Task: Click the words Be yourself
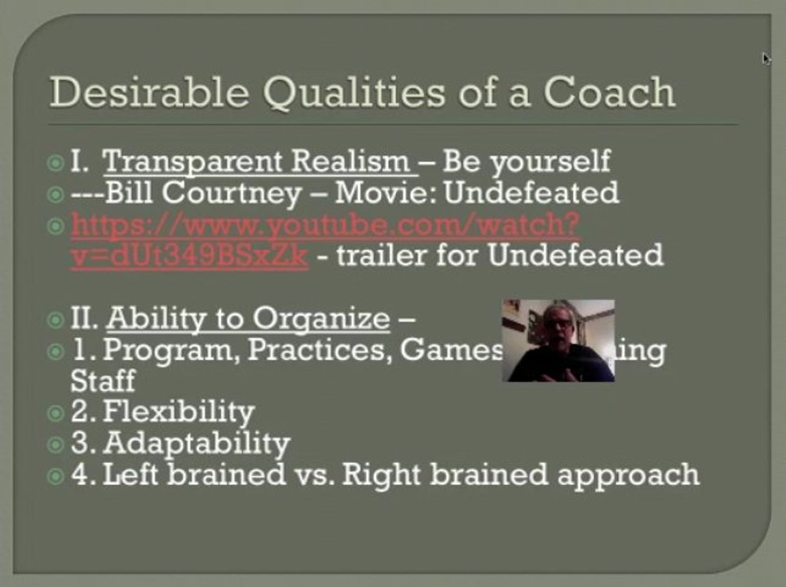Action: pos(526,161)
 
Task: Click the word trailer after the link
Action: pos(382,255)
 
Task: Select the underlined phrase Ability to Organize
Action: pos(248,318)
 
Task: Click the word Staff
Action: pos(103,381)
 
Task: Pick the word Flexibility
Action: pos(179,412)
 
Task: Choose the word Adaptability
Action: pos(196,444)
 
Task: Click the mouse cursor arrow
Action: pos(766,58)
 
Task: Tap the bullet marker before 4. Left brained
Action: pos(55,475)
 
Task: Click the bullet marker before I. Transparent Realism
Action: pos(55,161)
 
